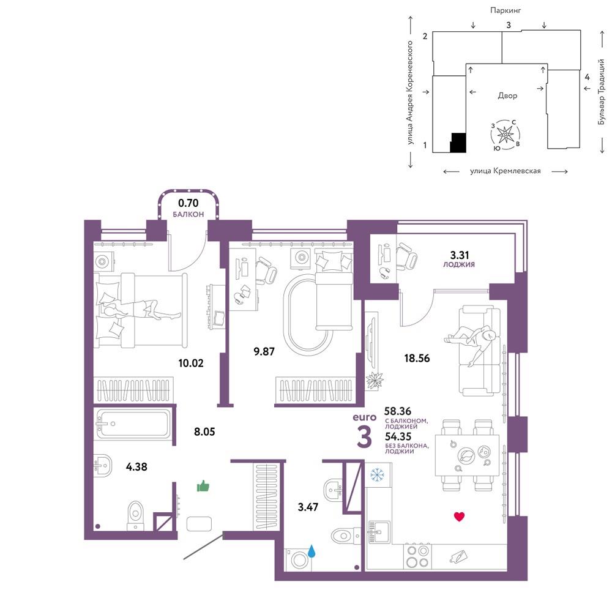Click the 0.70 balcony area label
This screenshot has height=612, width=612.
pos(188,203)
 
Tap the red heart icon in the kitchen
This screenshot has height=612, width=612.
pos(460,517)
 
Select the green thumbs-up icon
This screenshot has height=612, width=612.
pos(203,486)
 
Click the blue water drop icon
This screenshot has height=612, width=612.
pos(312,551)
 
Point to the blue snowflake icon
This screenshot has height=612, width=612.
pos(377,475)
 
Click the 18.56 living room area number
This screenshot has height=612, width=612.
pos(417,358)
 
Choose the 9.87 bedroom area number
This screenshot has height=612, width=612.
pos(264,351)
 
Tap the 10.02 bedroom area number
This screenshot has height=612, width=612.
pos(191,363)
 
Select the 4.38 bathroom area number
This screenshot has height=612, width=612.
pos(136,466)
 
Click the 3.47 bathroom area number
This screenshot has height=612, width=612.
pos(308,507)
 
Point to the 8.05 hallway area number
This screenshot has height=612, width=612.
pos(204,431)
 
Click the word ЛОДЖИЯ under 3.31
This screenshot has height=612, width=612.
pos(458,264)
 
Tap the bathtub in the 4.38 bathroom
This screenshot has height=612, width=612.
pos(133,424)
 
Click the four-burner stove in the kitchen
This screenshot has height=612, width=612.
pos(417,556)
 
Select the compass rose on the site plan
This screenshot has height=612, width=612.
pos(506,135)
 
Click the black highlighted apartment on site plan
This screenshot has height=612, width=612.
pos(458,143)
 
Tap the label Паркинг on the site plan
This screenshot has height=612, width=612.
pos(506,10)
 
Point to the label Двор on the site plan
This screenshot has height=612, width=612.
pos(507,95)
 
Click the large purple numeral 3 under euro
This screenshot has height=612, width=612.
pos(364,437)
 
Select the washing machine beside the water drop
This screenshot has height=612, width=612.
pos(299,561)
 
